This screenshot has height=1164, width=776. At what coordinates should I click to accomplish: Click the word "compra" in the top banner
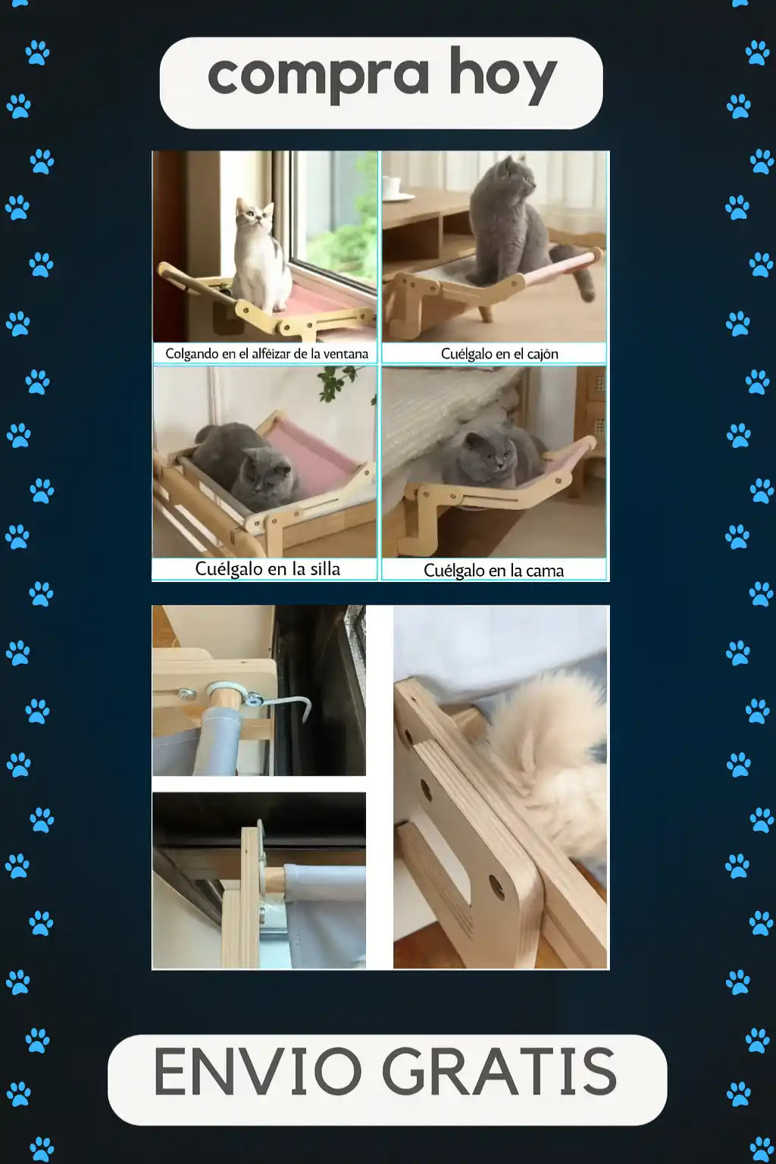click(318, 75)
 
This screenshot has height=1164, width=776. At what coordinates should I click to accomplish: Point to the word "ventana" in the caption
click(346, 354)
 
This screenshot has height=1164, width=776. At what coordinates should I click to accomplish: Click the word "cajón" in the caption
click(543, 355)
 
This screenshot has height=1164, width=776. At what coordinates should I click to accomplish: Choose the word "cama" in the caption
click(545, 571)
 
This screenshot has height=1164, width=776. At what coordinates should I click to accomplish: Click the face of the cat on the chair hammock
click(269, 472)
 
